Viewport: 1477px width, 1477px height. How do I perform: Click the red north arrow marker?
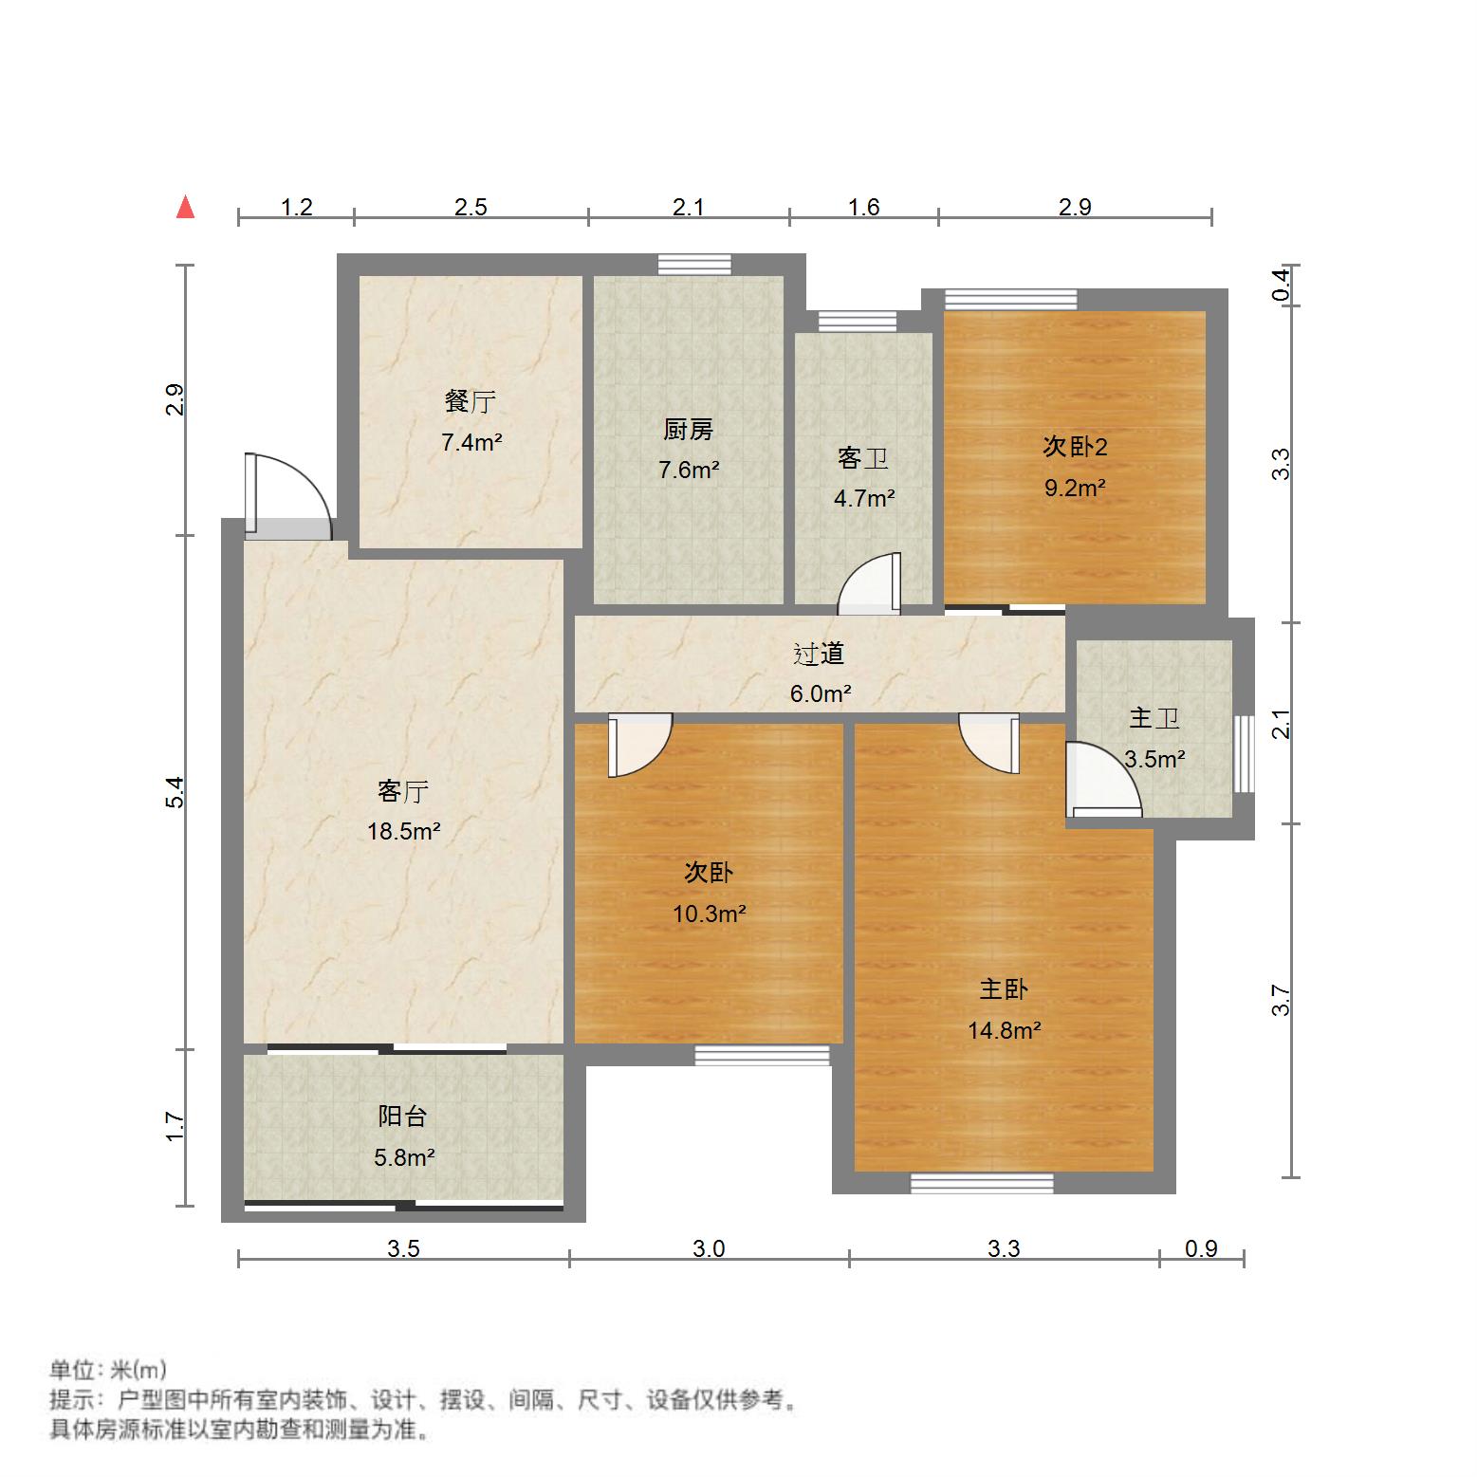point(186,207)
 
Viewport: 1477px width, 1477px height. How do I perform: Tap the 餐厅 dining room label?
point(471,401)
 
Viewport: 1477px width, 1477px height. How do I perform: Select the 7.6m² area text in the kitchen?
point(689,470)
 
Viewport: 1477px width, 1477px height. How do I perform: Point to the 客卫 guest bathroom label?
point(863,458)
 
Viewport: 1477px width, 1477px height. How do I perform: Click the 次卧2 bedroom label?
point(1075,446)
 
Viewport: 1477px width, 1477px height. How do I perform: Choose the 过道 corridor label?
point(819,654)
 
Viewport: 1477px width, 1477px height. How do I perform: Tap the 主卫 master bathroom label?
point(1154,718)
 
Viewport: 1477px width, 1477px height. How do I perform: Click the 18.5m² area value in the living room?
point(404,832)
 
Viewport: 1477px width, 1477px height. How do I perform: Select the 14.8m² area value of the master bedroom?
point(1005,1030)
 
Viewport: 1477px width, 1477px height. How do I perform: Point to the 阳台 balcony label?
point(402,1117)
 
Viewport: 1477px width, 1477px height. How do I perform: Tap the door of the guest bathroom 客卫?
point(870,584)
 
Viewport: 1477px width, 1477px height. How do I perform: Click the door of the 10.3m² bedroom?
point(640,745)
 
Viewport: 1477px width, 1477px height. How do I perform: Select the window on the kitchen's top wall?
point(695,264)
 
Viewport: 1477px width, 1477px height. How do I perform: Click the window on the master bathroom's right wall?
point(1244,754)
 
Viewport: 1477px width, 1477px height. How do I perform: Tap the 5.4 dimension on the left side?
point(175,792)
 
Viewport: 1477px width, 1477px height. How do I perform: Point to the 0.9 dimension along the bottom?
point(1201,1248)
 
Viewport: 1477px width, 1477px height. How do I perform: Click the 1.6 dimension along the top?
point(863,207)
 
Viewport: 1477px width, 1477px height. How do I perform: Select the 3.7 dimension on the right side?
point(1281,1000)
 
